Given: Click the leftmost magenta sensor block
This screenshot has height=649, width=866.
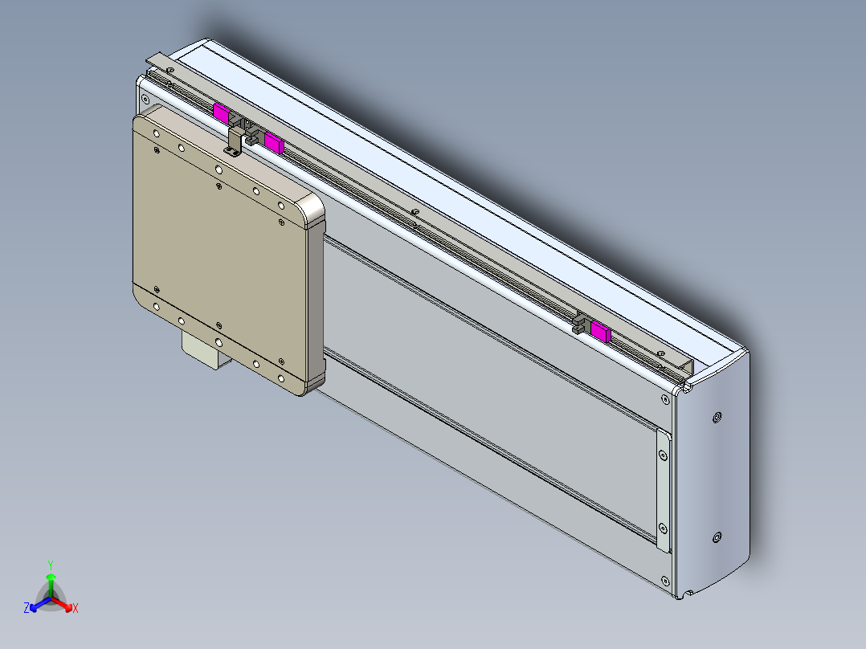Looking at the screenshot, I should [x=220, y=112].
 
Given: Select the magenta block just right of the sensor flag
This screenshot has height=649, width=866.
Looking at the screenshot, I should [x=274, y=143].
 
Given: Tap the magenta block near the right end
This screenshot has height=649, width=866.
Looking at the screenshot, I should [x=600, y=330].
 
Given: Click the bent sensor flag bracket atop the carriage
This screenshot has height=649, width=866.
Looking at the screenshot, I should [x=235, y=141].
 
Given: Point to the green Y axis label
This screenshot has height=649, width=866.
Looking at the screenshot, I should [x=50, y=565].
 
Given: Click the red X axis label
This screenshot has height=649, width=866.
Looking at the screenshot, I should [x=75, y=609].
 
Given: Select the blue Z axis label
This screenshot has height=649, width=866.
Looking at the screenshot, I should [x=27, y=609].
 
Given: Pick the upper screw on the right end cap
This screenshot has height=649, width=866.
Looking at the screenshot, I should [x=717, y=417].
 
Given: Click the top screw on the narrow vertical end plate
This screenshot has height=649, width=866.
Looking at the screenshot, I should [x=662, y=455].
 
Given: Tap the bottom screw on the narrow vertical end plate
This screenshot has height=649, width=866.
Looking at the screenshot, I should [x=662, y=528].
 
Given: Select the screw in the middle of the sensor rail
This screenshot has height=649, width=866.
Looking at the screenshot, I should [x=414, y=212].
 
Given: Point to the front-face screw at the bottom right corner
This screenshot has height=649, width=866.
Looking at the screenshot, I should [x=664, y=580].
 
